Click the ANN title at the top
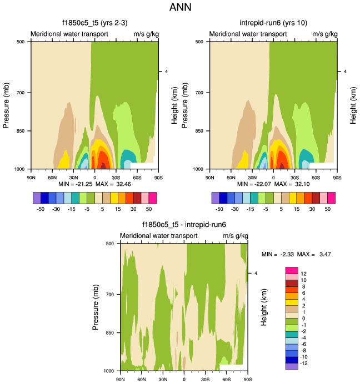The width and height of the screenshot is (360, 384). click(x=180, y=8)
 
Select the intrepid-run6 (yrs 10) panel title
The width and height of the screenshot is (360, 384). click(x=273, y=23)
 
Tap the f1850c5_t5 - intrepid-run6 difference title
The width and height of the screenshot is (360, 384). click(x=184, y=225)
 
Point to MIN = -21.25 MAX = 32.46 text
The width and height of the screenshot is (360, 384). click(x=94, y=184)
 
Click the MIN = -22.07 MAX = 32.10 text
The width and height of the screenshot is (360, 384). click(x=273, y=184)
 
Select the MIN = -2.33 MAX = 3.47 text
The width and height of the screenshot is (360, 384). click(x=297, y=254)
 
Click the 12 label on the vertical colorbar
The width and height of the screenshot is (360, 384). click(x=304, y=274)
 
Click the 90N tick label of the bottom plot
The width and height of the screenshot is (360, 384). click(x=120, y=380)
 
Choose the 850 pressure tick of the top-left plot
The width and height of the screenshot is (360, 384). click(x=22, y=131)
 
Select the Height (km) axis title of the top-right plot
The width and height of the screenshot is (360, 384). click(x=353, y=105)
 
